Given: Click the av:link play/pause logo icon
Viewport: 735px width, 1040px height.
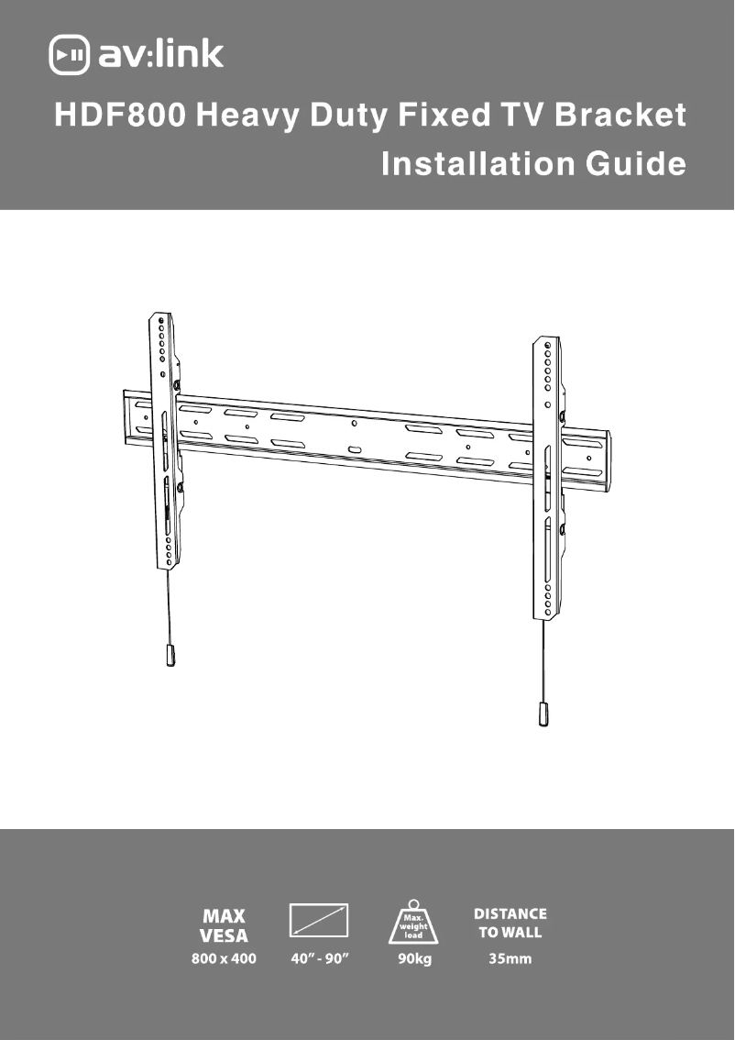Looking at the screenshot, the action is [x=70, y=54].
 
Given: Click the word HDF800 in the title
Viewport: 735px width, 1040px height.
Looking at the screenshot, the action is [x=120, y=115].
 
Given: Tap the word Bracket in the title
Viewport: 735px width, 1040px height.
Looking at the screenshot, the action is [x=620, y=115].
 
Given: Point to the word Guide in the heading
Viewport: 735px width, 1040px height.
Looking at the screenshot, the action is [x=636, y=163].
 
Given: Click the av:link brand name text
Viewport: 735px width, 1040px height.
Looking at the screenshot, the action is [x=161, y=53].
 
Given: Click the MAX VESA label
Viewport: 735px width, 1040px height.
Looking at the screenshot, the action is [x=224, y=926].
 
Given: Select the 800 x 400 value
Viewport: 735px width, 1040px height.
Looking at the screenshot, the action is [x=224, y=958].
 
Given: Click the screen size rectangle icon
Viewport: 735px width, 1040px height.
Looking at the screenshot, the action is [x=319, y=920].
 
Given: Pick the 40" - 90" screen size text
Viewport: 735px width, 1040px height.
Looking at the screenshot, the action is [x=320, y=958].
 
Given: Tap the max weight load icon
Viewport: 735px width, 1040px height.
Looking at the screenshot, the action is [x=413, y=922].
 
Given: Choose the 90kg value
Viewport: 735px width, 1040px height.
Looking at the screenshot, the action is [x=414, y=959].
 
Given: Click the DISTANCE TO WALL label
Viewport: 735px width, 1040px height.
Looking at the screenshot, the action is [x=510, y=923].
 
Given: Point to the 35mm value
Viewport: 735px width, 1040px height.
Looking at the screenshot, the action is [x=510, y=958].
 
